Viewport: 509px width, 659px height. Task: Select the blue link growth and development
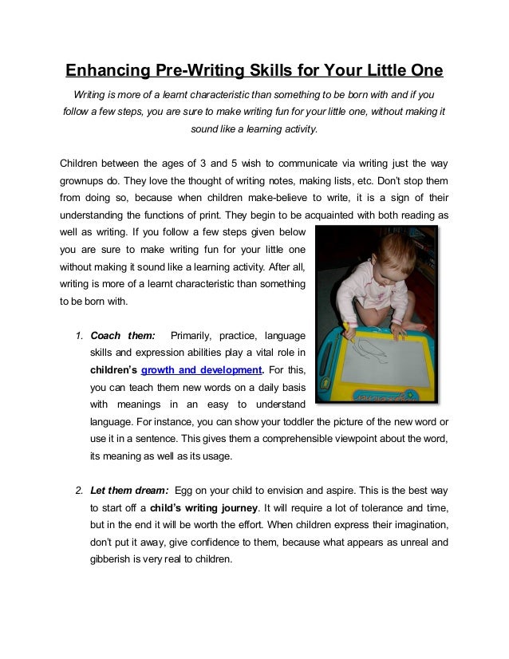pyautogui.click(x=201, y=370)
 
